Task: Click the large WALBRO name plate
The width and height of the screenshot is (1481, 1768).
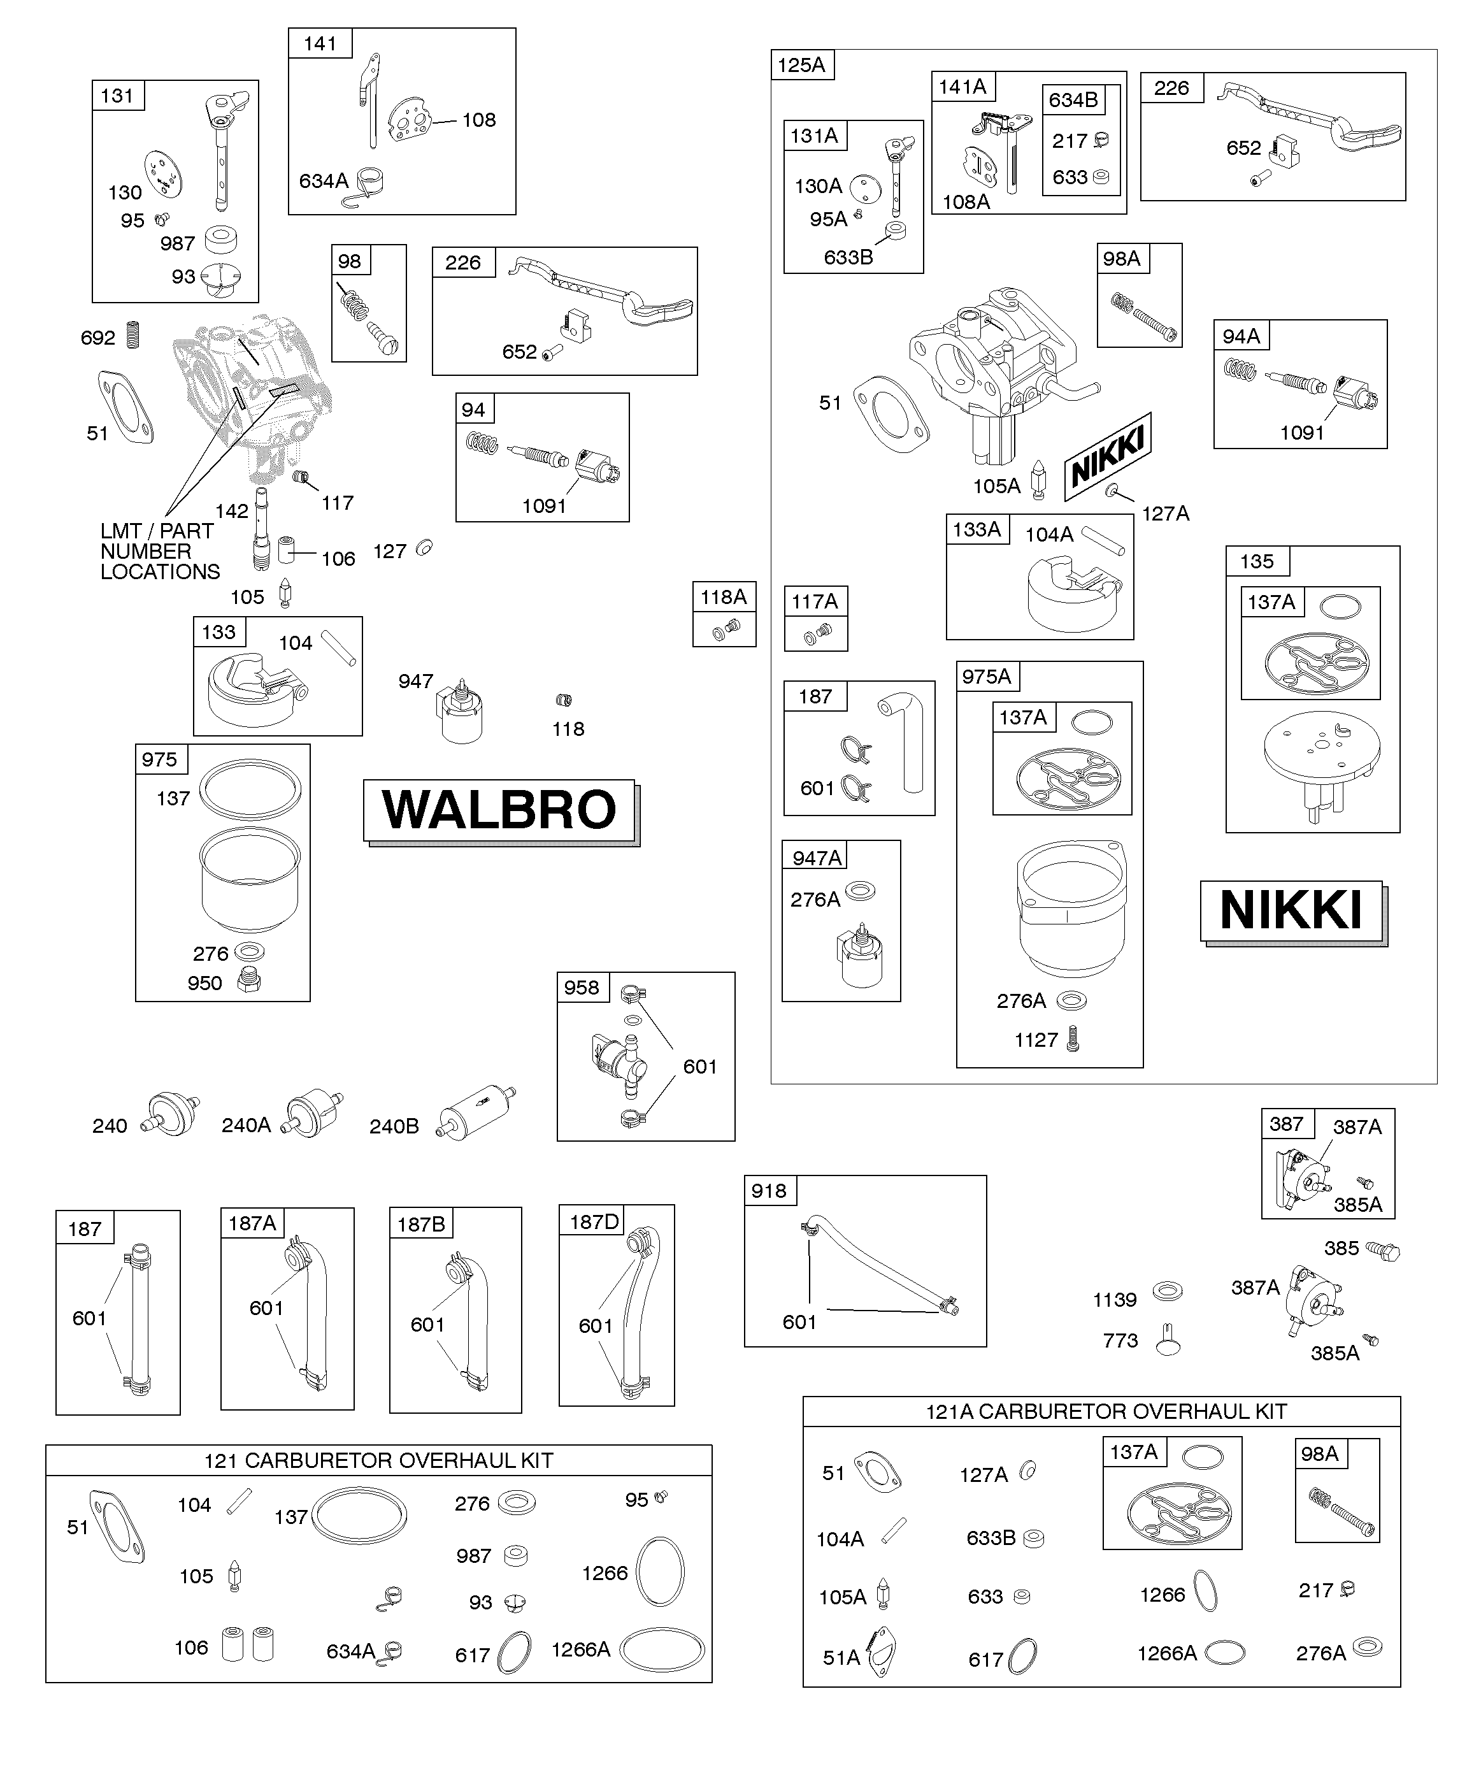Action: click(501, 812)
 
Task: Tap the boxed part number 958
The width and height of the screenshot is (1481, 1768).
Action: click(582, 988)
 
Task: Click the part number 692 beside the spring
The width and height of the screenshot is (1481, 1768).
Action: click(97, 338)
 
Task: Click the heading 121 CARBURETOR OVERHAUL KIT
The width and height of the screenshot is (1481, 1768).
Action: click(379, 1461)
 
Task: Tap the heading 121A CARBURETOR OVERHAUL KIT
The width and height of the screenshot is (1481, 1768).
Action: click(1106, 1412)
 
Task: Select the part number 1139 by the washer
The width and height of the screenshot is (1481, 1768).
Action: click(1115, 1300)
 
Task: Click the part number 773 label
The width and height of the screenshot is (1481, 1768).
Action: click(1120, 1340)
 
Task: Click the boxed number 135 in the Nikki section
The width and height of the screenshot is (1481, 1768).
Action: click(1257, 561)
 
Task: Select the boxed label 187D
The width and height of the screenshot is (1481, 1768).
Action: click(594, 1221)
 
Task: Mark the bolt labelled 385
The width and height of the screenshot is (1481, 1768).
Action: click(1382, 1250)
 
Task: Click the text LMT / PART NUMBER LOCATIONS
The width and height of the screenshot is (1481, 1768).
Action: click(160, 552)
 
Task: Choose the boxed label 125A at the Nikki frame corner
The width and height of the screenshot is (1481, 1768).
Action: click(801, 65)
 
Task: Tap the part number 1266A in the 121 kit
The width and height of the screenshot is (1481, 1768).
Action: click(581, 1649)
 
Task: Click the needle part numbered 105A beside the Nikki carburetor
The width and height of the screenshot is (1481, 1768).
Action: click(1039, 479)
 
